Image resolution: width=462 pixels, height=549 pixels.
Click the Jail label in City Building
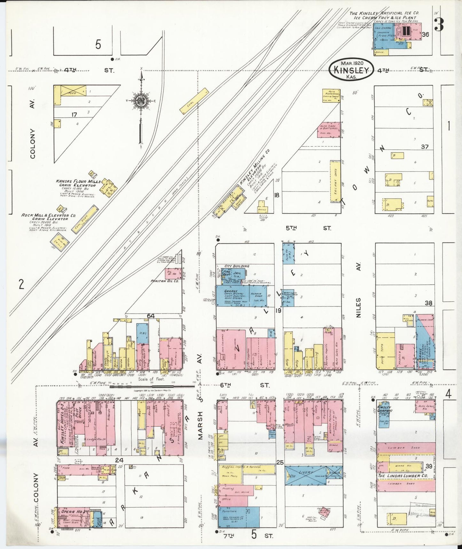[237, 273]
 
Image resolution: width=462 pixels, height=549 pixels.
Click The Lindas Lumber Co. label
[402, 476]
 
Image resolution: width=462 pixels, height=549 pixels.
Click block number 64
[151, 316]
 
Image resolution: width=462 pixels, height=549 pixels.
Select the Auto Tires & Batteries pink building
[328, 129]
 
